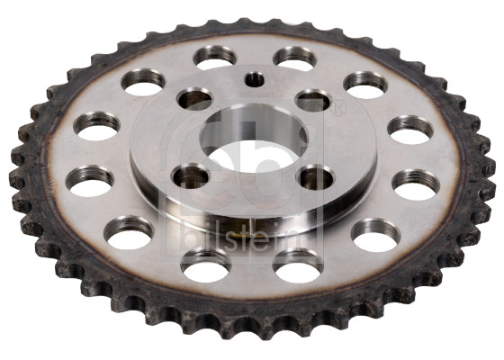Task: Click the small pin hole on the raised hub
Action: click(254, 79)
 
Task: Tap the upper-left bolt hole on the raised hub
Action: click(195, 99)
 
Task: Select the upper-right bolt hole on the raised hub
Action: click(313, 100)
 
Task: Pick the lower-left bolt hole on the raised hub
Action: click(191, 176)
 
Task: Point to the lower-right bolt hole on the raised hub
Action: click(316, 177)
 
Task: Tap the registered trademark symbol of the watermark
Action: click(339, 108)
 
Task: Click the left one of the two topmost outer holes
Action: click(215, 58)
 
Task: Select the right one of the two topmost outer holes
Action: click(295, 58)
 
